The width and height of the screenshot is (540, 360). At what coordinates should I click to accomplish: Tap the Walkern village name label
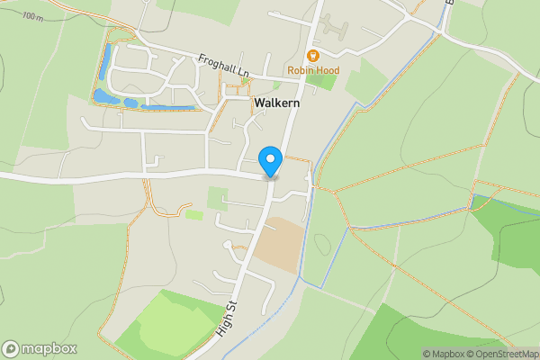(277, 103)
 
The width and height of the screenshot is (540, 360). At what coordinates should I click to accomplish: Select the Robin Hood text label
(313, 70)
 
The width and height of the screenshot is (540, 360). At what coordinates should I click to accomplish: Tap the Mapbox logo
(40, 348)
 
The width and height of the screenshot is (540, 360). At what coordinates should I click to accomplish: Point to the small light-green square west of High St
(217, 198)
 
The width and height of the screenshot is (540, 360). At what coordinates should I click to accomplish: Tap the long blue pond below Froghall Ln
(167, 107)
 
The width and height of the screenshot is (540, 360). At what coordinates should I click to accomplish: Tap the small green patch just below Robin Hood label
(320, 82)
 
